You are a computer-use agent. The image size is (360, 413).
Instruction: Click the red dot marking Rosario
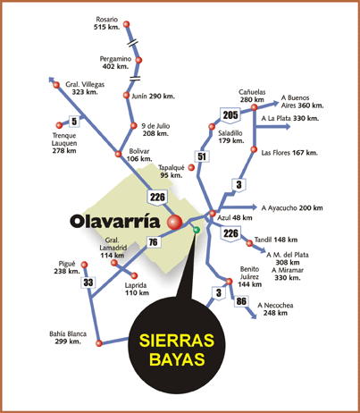[x=127, y=24]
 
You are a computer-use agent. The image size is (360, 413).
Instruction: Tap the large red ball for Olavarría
[x=174, y=222]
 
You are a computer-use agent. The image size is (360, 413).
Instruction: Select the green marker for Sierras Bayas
[x=196, y=230]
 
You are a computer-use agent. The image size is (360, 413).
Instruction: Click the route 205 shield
[x=230, y=115]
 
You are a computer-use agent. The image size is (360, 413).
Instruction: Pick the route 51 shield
[x=202, y=156]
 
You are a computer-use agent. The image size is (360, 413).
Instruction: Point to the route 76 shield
[x=154, y=241]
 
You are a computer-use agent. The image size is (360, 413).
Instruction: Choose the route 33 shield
[x=88, y=282]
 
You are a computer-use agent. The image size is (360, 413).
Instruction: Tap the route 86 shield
[x=241, y=301]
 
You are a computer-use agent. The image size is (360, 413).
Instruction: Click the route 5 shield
[x=74, y=122]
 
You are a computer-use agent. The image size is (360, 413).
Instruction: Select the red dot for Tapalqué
[x=191, y=168]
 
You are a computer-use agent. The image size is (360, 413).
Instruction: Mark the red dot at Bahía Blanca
[x=99, y=343]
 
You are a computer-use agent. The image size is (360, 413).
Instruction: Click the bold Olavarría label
[x=115, y=222]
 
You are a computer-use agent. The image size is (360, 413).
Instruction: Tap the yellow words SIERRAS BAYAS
[x=177, y=350]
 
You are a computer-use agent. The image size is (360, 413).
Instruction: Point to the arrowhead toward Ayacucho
[x=254, y=206]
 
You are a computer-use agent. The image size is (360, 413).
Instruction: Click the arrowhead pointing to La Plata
[x=288, y=127]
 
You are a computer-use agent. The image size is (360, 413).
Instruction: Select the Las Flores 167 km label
[x=289, y=153]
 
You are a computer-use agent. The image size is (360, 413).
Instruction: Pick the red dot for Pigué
[x=85, y=265]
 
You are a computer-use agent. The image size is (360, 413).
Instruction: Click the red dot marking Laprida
[x=134, y=275]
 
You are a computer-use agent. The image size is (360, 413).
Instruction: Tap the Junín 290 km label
[x=153, y=97]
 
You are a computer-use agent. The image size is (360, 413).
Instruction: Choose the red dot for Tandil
[x=249, y=243]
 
